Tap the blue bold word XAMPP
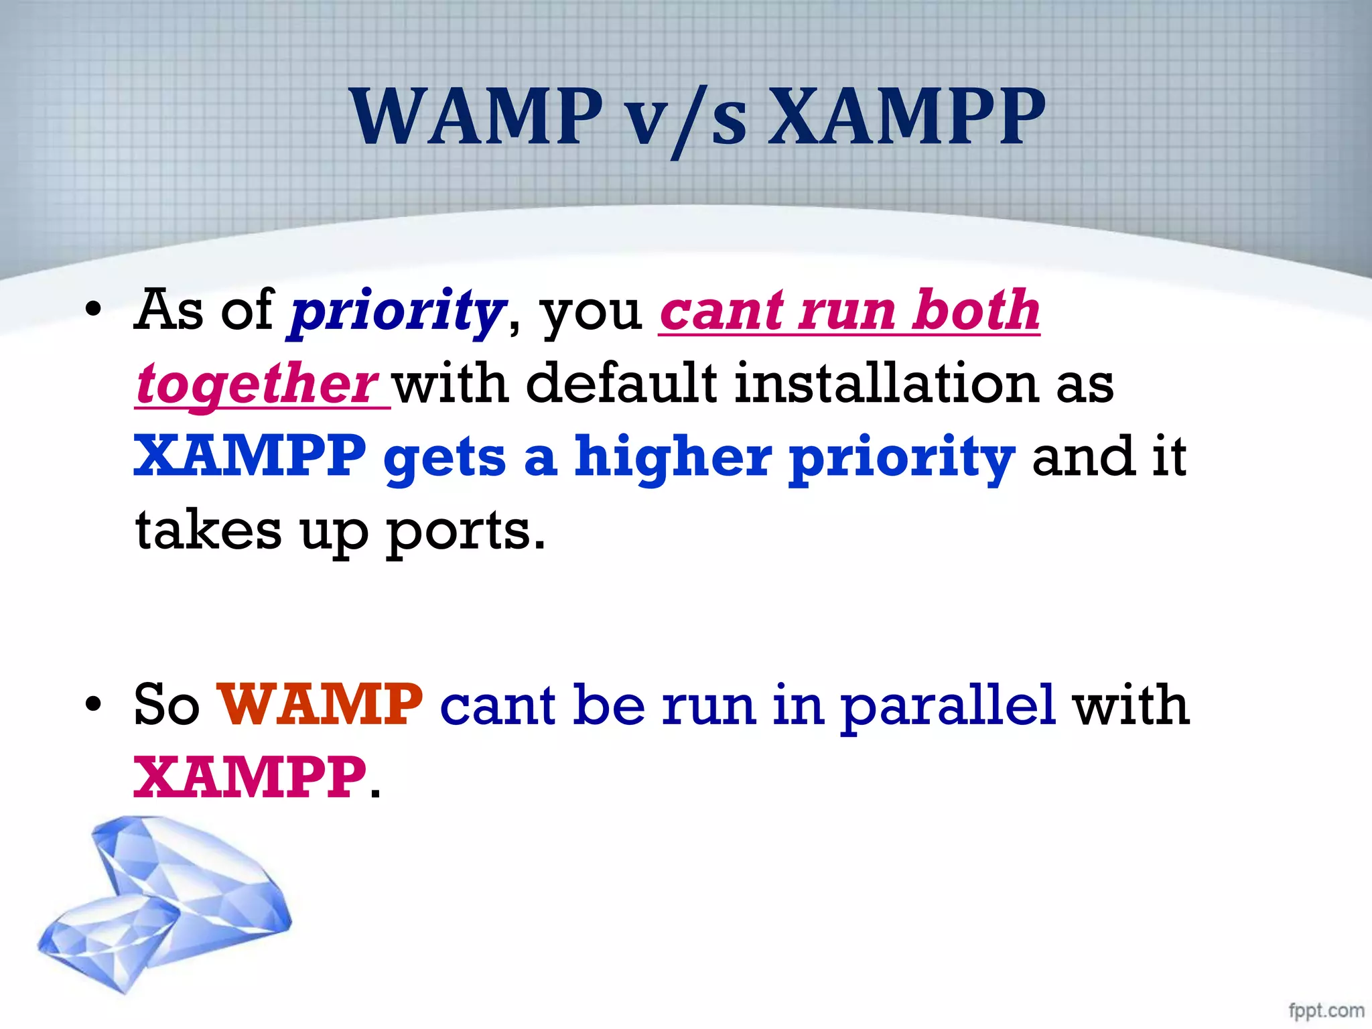click(x=250, y=456)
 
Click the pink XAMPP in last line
click(x=250, y=778)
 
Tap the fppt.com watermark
click(x=1326, y=1010)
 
